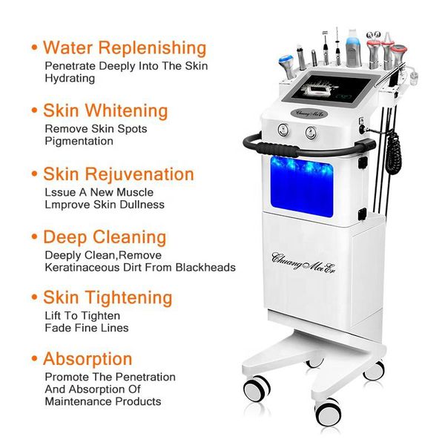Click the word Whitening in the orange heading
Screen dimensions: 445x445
pos(127,111)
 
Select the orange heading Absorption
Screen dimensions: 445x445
pos(88,359)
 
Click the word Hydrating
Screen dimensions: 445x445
pos(70,78)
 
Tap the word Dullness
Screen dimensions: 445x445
pos(141,204)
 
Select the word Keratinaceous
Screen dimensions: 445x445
pos(79,267)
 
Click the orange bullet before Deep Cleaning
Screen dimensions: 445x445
pos(34,238)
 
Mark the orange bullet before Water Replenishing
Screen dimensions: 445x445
pos(34,48)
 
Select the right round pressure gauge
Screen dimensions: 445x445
pos(310,133)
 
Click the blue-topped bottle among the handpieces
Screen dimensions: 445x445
pos(352,46)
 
